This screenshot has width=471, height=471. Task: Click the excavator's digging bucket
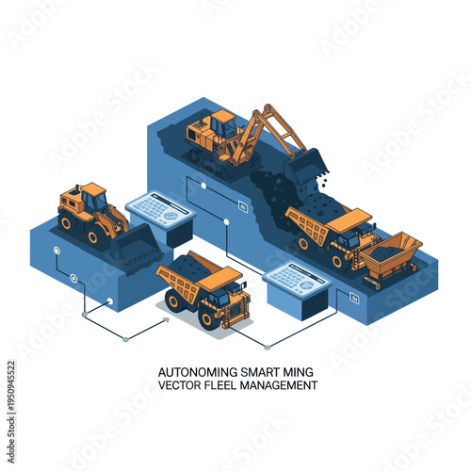[x=305, y=170]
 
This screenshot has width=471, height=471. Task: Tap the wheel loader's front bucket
[x=135, y=246]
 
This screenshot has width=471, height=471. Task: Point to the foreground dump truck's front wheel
[x=211, y=317]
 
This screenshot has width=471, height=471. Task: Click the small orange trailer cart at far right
[x=389, y=256]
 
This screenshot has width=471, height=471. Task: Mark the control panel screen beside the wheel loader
[x=157, y=209]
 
